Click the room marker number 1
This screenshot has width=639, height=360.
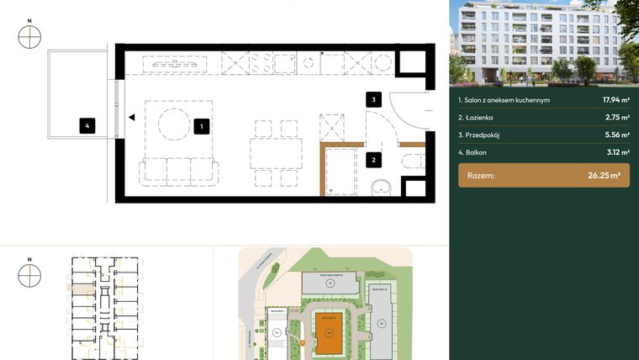pos(201,127)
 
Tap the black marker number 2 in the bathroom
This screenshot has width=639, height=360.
pos(374,157)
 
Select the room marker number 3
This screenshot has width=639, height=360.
pos(374,99)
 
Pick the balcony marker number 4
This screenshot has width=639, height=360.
pos(86,127)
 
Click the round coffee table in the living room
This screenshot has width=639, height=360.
pos(176,126)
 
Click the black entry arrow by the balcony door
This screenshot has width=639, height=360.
pos(131,119)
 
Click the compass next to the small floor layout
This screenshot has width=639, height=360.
pos(30,275)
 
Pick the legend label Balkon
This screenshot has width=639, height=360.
pos(474,152)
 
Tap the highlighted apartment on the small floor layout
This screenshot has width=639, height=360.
pos(81,289)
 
